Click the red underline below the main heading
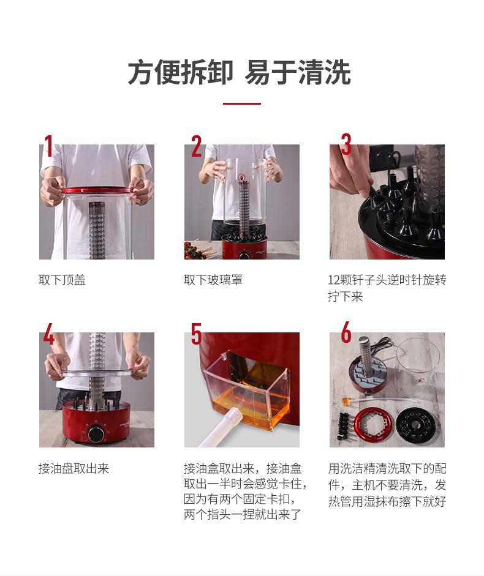(x=241, y=103)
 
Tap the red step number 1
(x=48, y=146)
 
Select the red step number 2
(x=197, y=146)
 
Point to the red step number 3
(x=346, y=144)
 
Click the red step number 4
(x=49, y=334)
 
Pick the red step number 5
(x=197, y=334)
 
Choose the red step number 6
(x=346, y=332)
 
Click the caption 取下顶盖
(x=62, y=280)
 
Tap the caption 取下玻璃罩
(x=213, y=280)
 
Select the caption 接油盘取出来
(x=74, y=468)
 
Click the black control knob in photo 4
(x=96, y=434)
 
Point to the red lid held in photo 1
(x=97, y=190)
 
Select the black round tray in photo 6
(x=415, y=425)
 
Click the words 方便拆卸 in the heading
(x=180, y=72)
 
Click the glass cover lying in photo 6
(x=418, y=362)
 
